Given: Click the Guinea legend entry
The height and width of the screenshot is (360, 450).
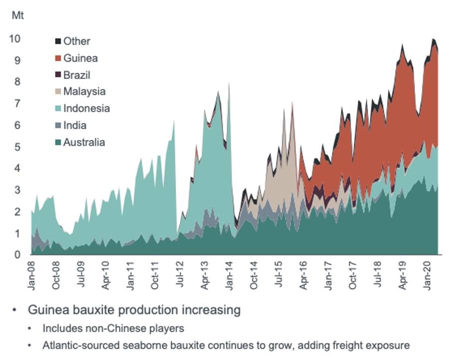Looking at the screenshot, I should tap(80, 58).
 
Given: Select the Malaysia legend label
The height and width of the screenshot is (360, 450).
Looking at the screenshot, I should tap(84, 92).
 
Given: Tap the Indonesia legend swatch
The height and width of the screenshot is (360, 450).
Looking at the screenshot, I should tap(58, 109).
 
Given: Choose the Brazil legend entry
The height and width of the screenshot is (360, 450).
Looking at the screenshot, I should tap(77, 75).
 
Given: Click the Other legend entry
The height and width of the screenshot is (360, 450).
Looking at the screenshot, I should tap(76, 41).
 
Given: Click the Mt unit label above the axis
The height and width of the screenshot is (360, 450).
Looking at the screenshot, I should tap(17, 15).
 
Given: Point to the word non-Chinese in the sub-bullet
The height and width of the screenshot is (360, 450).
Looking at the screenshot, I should tap(109, 329).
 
